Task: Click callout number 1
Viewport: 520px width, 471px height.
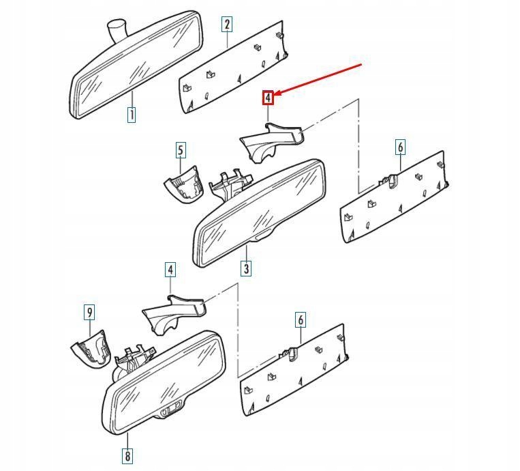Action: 131,115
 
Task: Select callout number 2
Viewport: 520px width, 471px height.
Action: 227,25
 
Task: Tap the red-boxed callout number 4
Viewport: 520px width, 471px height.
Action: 269,98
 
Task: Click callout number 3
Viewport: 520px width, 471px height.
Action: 246,268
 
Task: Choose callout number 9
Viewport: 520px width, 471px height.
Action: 89,313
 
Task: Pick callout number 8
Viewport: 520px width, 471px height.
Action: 127,455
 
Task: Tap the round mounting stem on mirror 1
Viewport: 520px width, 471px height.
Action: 117,30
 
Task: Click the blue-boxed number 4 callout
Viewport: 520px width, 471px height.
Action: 170,270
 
